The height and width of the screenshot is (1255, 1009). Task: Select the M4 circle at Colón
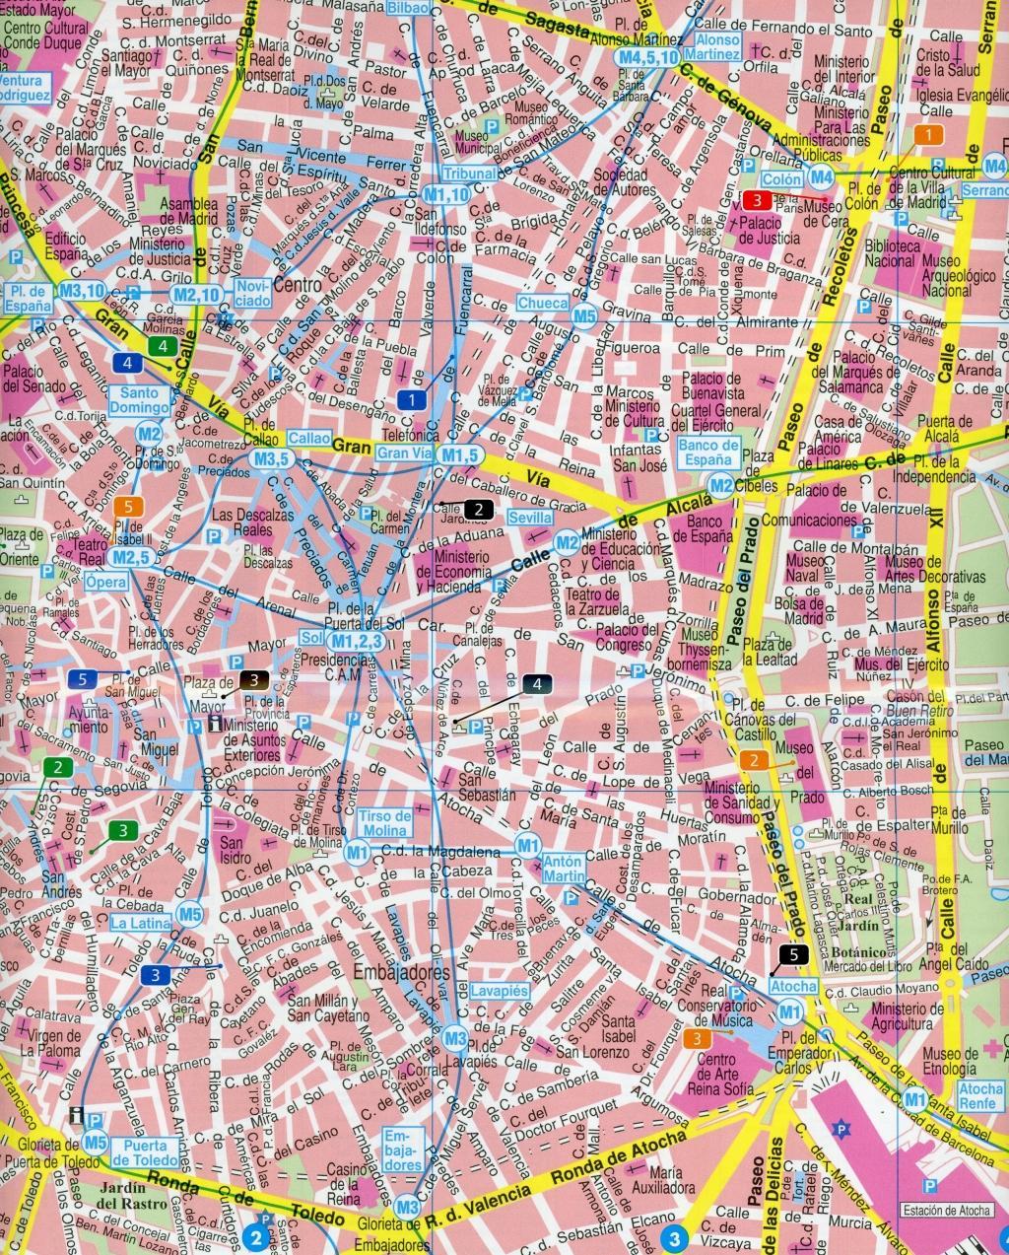point(821,177)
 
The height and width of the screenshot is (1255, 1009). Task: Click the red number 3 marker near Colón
point(757,200)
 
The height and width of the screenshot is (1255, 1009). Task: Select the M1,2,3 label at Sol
point(356,642)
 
